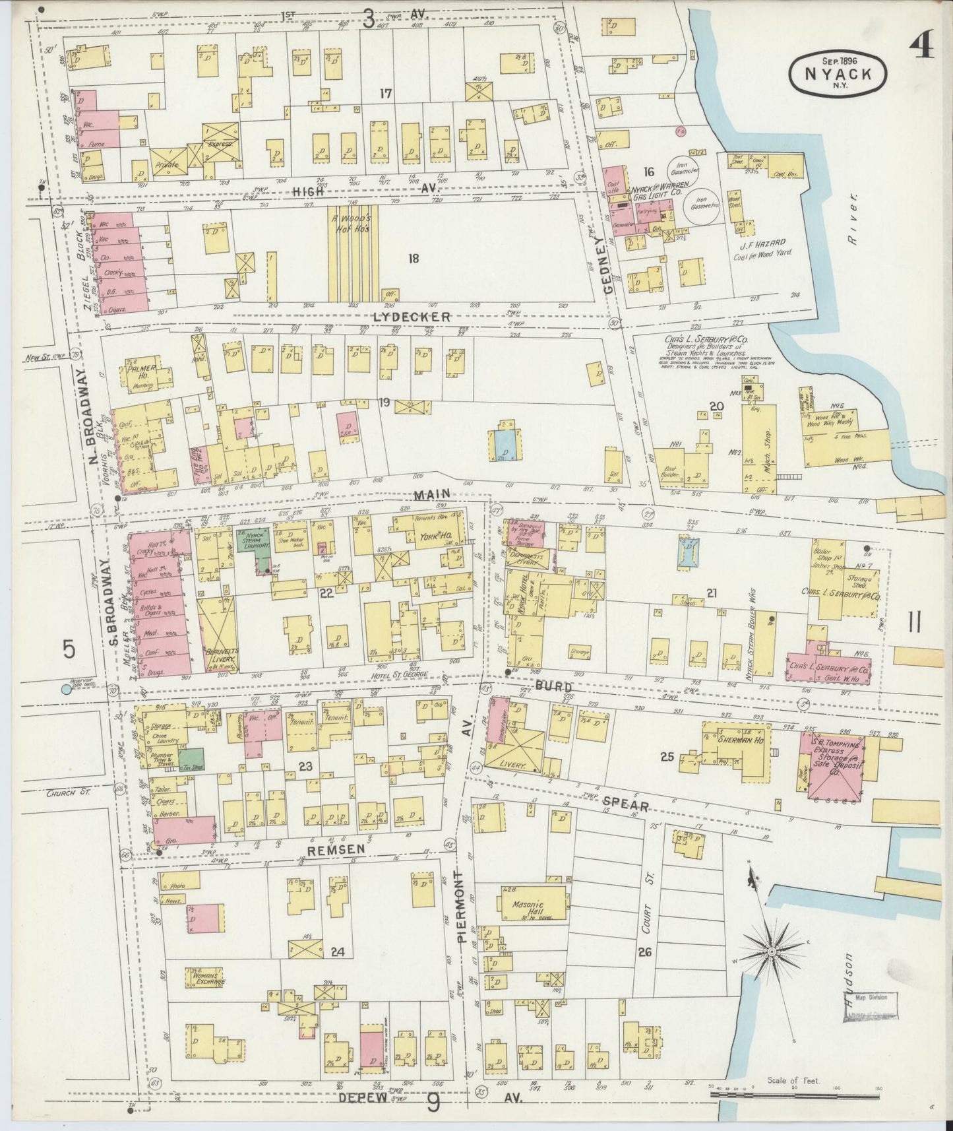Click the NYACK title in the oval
point(838,74)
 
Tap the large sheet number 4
point(921,48)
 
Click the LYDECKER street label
point(411,317)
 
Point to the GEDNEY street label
point(607,265)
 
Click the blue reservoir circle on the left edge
point(65,690)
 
